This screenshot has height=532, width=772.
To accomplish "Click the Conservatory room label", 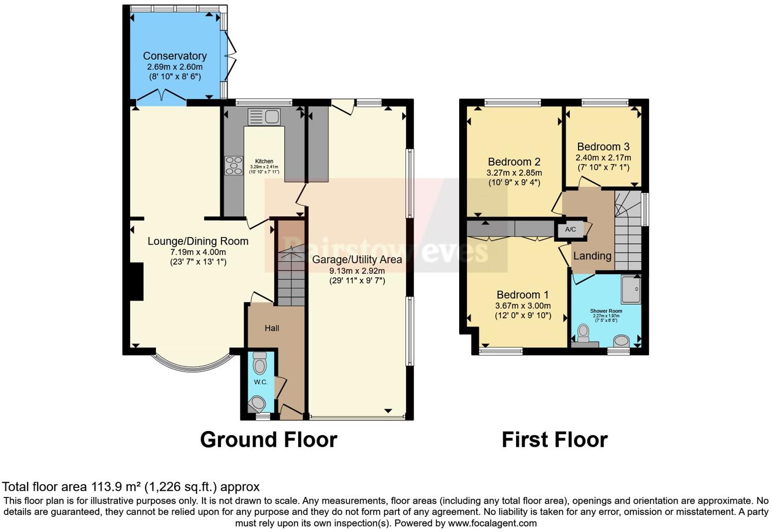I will point(175,56).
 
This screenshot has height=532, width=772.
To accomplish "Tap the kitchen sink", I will point(264,117).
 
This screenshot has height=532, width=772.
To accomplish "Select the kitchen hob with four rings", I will point(234,165).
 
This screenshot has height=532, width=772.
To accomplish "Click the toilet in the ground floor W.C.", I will point(260,363).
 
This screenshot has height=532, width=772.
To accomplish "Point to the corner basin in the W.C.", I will point(257,404).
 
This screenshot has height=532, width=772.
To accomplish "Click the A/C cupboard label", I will point(570,229).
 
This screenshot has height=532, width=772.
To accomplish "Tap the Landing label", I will point(592,256).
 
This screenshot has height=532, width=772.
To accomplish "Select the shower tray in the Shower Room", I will point(631,290).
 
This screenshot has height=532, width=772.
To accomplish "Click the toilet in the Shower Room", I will point(583,333).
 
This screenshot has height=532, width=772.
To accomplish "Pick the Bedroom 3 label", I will point(603,147).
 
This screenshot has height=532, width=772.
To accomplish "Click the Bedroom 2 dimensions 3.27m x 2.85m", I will point(514,173).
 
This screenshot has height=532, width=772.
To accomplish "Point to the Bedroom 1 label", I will point(523,294).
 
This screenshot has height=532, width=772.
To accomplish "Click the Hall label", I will point(272,328).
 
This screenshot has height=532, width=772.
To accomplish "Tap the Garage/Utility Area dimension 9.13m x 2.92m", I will point(357,271).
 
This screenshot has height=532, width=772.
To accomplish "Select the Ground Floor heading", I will point(268,440).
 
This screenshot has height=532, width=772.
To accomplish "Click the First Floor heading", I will point(554,440).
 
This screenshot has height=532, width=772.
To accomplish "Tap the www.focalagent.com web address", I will point(492,523).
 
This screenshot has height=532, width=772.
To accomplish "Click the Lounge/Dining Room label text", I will point(198,242).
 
